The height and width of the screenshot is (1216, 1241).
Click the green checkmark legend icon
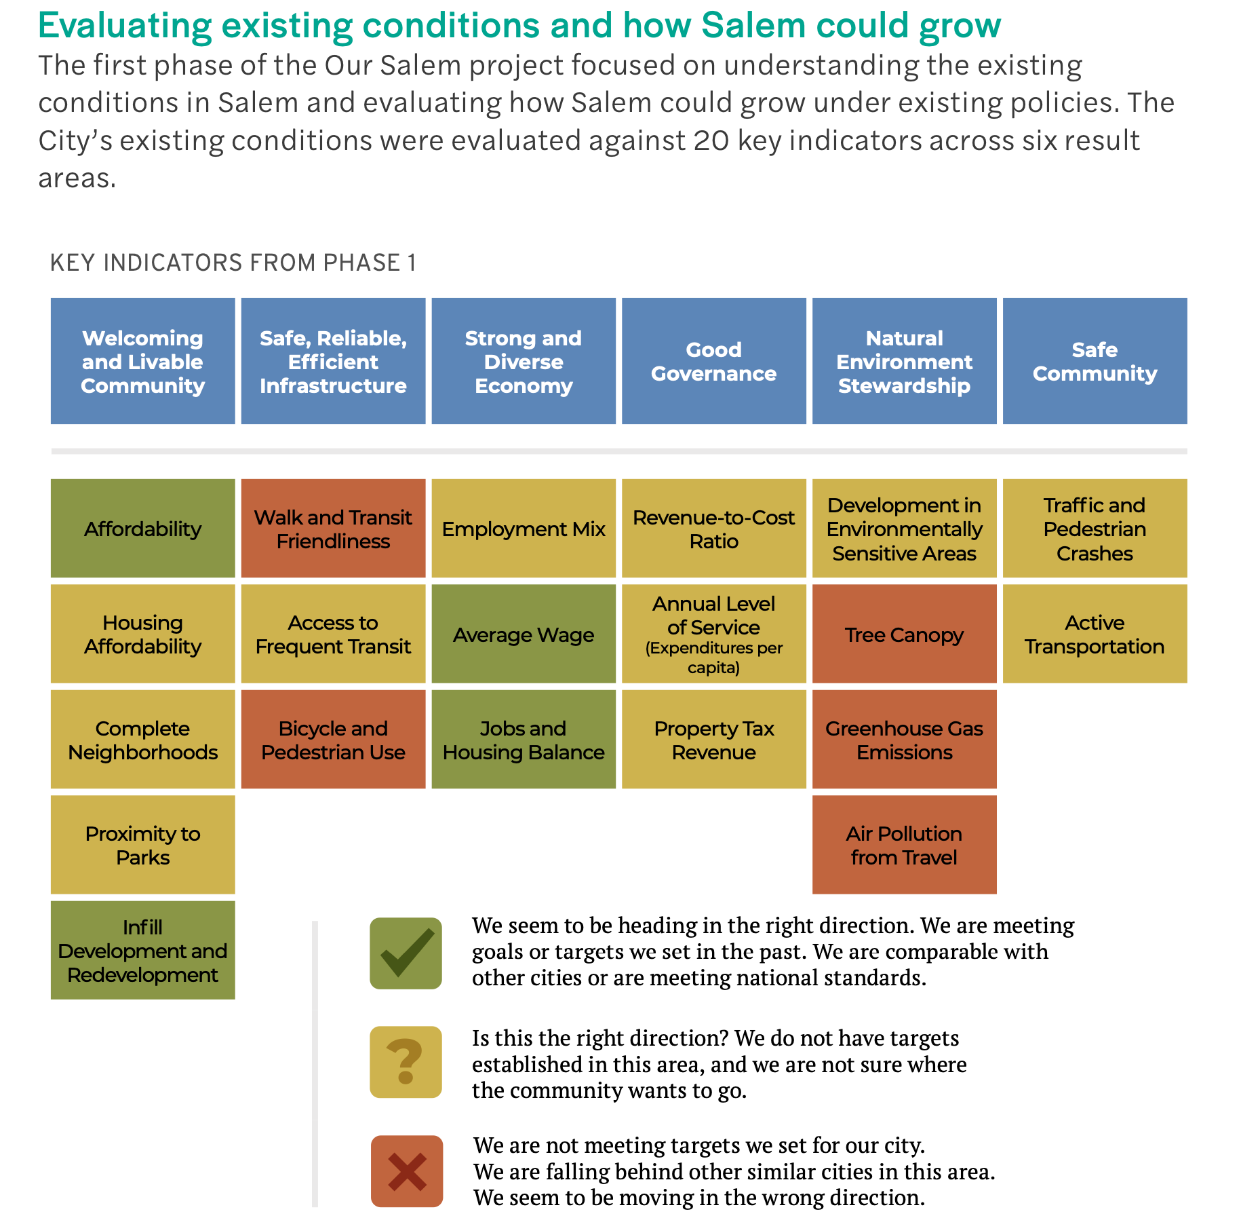pos(406,953)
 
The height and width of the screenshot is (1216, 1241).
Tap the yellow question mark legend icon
pos(406,1062)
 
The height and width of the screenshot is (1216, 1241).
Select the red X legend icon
pos(406,1171)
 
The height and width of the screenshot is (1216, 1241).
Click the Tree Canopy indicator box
pos(904,634)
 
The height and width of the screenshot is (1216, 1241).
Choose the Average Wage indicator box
pos(524,634)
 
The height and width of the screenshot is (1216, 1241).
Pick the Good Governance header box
pos(713,361)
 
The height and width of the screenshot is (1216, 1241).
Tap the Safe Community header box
pos(1095,361)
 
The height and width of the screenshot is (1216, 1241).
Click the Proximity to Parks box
pos(143,845)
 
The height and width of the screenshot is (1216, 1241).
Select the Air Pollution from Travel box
pos(904,845)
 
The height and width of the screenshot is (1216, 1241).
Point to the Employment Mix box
pos(524,529)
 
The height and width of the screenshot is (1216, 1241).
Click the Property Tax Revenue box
pos(713,740)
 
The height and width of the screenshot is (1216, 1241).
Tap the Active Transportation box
pos(1095,634)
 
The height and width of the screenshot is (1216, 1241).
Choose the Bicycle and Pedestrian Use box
pos(333,740)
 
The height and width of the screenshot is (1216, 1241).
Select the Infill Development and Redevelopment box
pos(143,950)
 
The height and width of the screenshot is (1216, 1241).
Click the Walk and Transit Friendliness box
pos(333,529)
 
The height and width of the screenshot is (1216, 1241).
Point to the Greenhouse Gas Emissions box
pos(904,740)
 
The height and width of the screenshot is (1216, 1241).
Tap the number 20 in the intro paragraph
pos(711,140)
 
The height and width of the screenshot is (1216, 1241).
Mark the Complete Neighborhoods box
pos(143,740)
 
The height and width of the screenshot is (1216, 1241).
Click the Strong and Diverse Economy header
pos(524,361)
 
